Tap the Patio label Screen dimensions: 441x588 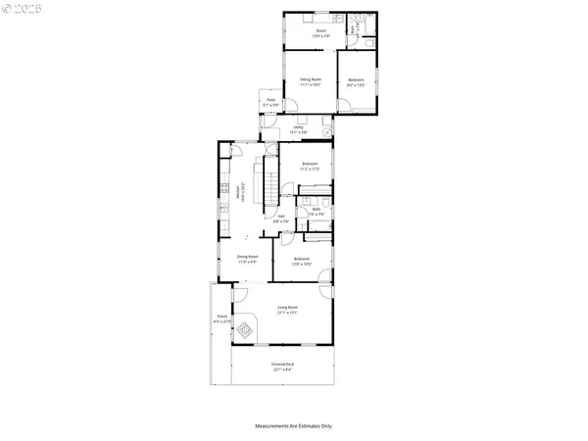(x=271, y=102)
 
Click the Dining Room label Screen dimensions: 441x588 (x=247, y=259)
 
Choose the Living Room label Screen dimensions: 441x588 (x=287, y=310)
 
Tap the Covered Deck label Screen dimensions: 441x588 (x=282, y=367)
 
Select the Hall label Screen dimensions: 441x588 (x=280, y=218)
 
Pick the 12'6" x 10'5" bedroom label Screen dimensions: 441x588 (x=313, y=262)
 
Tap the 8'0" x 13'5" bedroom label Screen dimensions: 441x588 (x=356, y=81)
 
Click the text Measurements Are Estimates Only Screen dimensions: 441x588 (x=294, y=426)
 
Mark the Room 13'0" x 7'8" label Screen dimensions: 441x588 (x=320, y=34)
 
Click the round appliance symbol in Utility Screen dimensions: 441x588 (x=325, y=130)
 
